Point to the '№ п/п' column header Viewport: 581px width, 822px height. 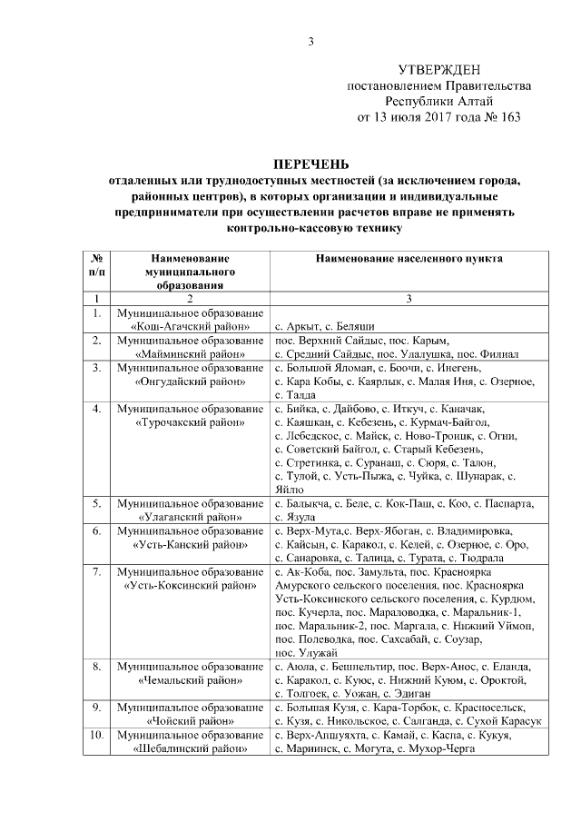pyautogui.click(x=96, y=264)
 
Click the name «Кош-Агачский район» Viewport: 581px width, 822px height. pyautogui.click(x=189, y=326)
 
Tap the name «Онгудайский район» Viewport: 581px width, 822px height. pyautogui.click(x=189, y=382)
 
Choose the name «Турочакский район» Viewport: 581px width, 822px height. pyautogui.click(x=189, y=423)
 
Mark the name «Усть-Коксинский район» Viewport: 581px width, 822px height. pyautogui.click(x=189, y=586)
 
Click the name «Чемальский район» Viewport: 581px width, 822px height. pyautogui.click(x=189, y=679)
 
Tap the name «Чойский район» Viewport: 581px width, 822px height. pyautogui.click(x=189, y=720)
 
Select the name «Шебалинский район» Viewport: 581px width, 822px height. pyautogui.click(x=189, y=748)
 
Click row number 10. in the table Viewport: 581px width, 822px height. pyautogui.click(x=96, y=735)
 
